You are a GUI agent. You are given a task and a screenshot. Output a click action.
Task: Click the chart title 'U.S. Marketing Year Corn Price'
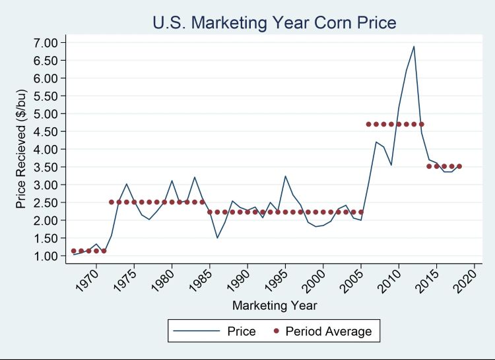(x=275, y=24)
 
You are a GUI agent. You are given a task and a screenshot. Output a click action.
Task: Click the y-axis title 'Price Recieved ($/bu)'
(x=21, y=150)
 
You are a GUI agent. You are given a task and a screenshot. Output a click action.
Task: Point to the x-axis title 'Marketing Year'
(x=275, y=306)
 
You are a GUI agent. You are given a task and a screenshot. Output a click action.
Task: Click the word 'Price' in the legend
(x=241, y=331)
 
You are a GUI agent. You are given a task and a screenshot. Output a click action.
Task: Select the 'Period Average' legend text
(x=329, y=331)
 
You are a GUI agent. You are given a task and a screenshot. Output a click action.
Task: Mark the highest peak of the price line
(x=414, y=46)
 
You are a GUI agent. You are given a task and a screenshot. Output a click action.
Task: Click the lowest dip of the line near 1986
(x=217, y=238)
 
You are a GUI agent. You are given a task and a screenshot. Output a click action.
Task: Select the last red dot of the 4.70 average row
(x=421, y=124)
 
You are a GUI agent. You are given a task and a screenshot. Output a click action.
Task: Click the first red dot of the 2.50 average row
(x=112, y=202)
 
